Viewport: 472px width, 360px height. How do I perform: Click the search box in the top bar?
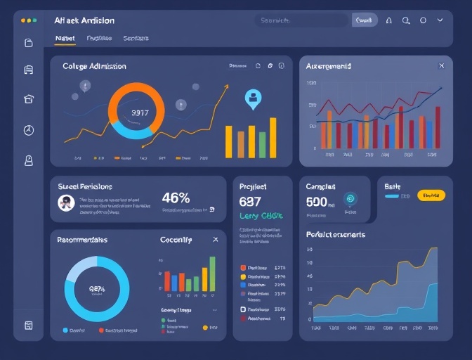(x=301, y=21)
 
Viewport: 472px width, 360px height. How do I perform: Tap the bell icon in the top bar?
(x=387, y=21)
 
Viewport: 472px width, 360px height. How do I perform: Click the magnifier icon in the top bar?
(x=405, y=21)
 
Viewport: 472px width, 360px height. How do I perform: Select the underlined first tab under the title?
(x=65, y=39)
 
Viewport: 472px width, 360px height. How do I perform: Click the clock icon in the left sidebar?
(x=29, y=130)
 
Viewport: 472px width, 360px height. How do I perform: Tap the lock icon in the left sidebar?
(x=29, y=160)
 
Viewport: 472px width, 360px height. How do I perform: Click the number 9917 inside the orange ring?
(x=140, y=112)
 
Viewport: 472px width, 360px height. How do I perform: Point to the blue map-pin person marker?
(x=252, y=98)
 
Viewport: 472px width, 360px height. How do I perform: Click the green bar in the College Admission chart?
(x=262, y=143)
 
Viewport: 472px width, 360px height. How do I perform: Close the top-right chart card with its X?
(x=441, y=66)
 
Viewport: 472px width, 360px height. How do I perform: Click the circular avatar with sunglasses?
(x=66, y=203)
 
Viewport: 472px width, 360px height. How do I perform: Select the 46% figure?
(x=176, y=198)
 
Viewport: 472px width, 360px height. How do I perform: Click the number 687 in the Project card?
(x=250, y=202)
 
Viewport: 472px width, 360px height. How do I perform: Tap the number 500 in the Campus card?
(x=317, y=202)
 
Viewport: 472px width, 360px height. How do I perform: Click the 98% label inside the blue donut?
(x=97, y=288)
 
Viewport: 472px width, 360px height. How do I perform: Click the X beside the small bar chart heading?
(x=215, y=240)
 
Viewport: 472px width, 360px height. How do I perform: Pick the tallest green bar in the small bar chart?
(x=212, y=274)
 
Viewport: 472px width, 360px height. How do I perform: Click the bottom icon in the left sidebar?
(x=29, y=325)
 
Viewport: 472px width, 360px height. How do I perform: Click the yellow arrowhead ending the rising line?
(x=226, y=87)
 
